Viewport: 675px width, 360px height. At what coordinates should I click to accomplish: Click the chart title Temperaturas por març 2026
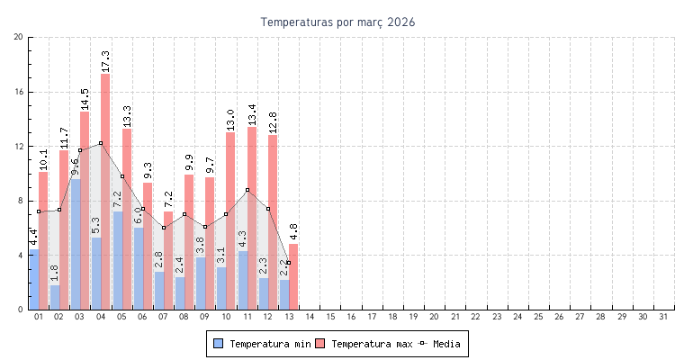[x=337, y=22]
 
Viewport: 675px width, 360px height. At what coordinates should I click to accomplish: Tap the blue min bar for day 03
[x=76, y=243]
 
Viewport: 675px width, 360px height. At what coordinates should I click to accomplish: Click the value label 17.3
[x=105, y=61]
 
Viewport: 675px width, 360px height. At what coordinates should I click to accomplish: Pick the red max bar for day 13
[x=293, y=277]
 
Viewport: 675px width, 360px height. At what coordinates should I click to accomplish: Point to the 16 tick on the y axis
[x=19, y=92]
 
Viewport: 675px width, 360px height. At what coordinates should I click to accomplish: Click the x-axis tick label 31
[x=664, y=317]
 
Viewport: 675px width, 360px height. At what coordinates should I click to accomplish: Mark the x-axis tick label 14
[x=309, y=317]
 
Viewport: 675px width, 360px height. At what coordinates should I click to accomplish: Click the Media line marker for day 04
[x=101, y=143]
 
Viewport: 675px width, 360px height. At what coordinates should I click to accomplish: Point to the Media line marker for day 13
[x=288, y=263]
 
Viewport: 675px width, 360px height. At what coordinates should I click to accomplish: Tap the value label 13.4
[x=252, y=115]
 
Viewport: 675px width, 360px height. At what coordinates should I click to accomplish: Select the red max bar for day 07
[x=168, y=261]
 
